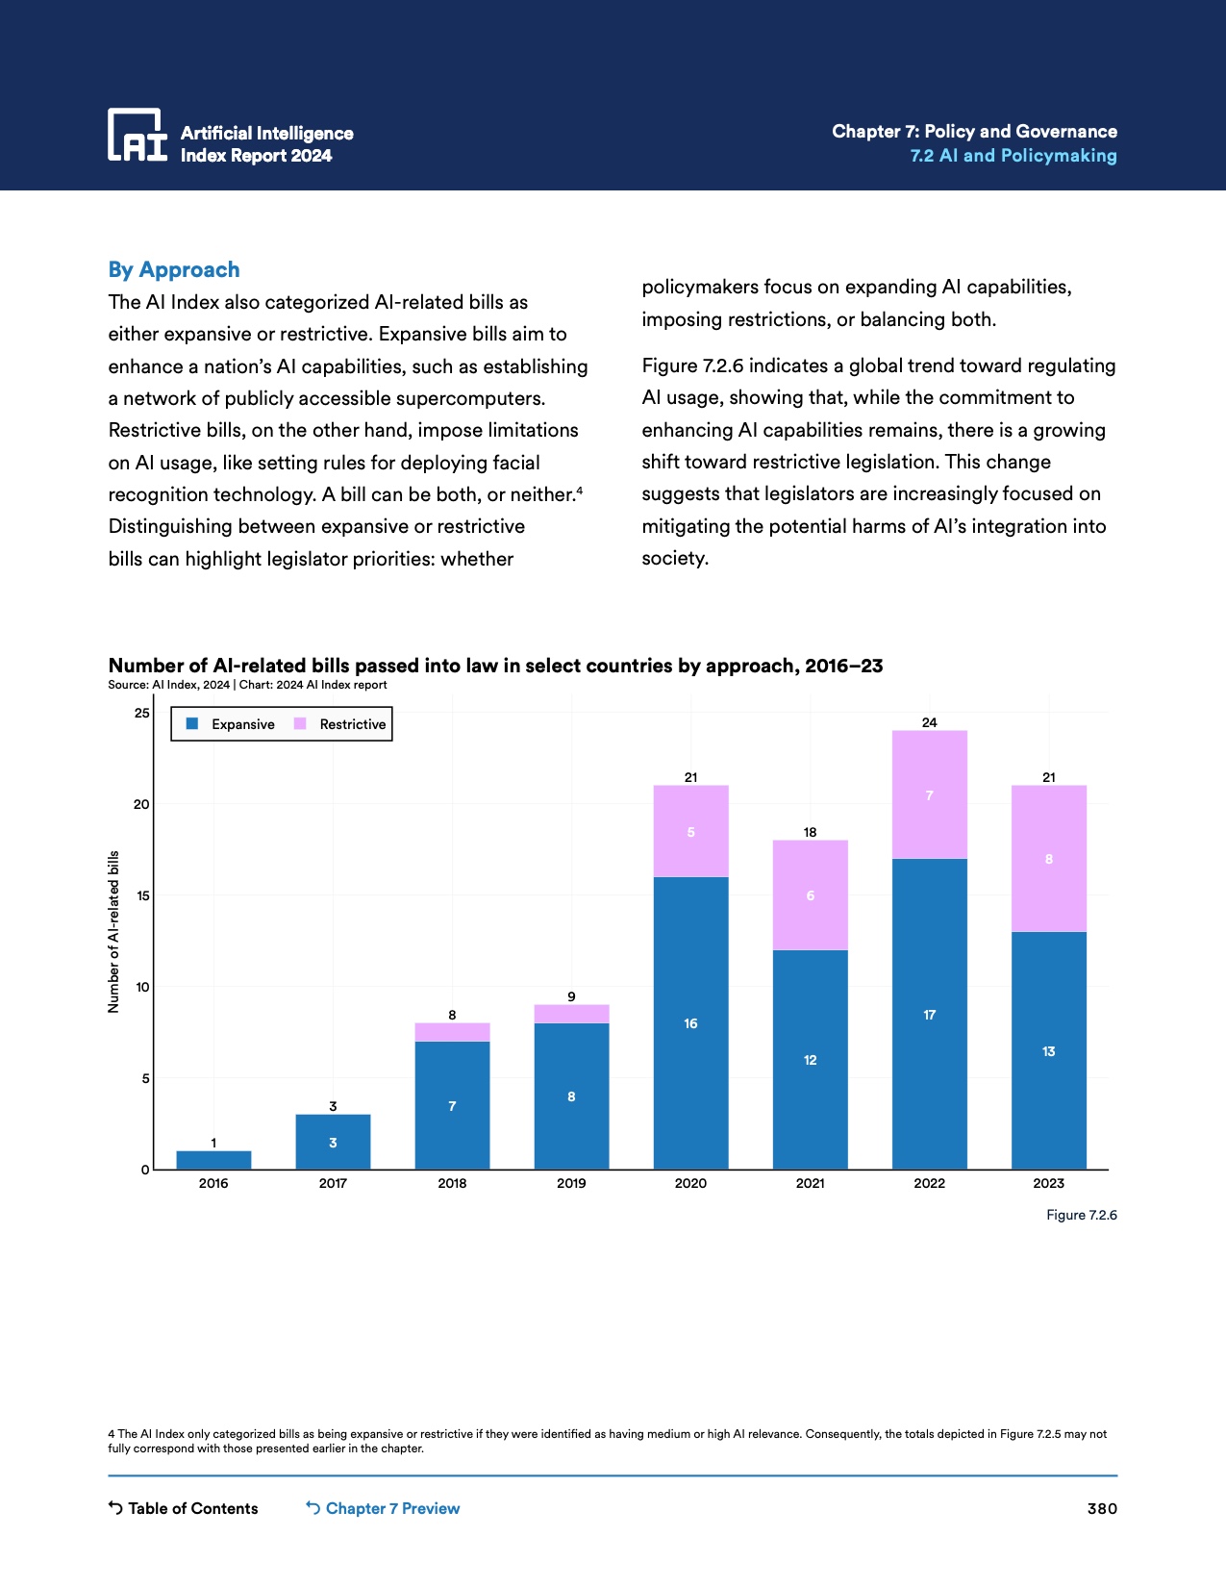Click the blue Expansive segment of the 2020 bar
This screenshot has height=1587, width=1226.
click(690, 1022)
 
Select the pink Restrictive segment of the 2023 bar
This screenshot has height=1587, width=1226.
click(1048, 859)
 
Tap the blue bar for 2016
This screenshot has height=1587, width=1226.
click(213, 1160)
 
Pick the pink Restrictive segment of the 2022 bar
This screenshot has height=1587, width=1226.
click(929, 795)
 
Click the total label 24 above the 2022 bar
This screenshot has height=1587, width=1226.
click(929, 722)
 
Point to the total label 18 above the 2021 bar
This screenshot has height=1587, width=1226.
click(810, 832)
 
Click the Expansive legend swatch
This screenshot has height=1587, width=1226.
click(192, 724)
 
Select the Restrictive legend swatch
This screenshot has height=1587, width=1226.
click(300, 724)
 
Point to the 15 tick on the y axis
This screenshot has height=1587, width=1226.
click(143, 895)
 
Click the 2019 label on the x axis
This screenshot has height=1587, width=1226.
click(571, 1183)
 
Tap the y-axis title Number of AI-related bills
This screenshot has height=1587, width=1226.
click(113, 931)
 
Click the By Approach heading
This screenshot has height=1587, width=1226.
click(174, 270)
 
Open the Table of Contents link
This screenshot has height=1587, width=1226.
click(184, 1508)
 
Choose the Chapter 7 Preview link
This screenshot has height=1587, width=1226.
click(383, 1508)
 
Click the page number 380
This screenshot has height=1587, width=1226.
click(1102, 1508)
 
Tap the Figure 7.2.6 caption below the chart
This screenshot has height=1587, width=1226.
click(1082, 1215)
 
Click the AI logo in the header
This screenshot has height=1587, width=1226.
click(137, 135)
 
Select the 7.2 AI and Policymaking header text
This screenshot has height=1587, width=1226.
click(1013, 156)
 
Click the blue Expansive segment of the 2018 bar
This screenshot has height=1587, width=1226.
click(452, 1105)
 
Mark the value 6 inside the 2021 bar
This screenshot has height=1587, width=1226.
click(810, 895)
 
